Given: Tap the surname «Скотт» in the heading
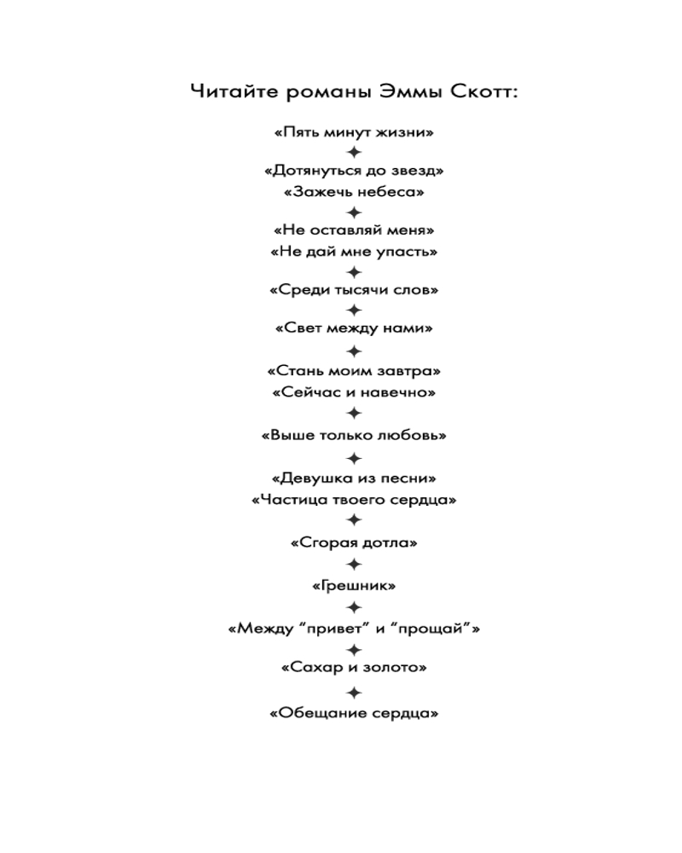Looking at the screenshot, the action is (484, 91).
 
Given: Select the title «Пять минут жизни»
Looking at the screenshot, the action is (354, 131).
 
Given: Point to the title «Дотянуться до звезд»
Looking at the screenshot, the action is (354, 171).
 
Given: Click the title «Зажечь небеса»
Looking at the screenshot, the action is (354, 191).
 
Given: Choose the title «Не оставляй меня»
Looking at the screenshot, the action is (354, 229).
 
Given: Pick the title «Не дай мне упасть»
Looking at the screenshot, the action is (354, 252).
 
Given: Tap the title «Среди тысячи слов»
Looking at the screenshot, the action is (354, 289).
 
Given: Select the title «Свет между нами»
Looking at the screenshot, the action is (354, 328).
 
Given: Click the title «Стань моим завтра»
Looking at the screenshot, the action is (354, 371).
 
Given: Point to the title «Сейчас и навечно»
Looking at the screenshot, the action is (354, 392).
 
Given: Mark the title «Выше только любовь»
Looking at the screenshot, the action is (354, 435).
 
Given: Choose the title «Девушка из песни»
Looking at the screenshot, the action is (354, 479).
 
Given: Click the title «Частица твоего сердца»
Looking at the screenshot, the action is (354, 499).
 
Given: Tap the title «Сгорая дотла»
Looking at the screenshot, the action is (354, 543).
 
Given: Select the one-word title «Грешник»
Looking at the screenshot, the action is (354, 585).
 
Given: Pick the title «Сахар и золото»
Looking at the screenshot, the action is (354, 667).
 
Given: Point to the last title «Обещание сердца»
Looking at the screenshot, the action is (354, 712).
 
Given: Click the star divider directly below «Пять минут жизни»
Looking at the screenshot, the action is (354, 152).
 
